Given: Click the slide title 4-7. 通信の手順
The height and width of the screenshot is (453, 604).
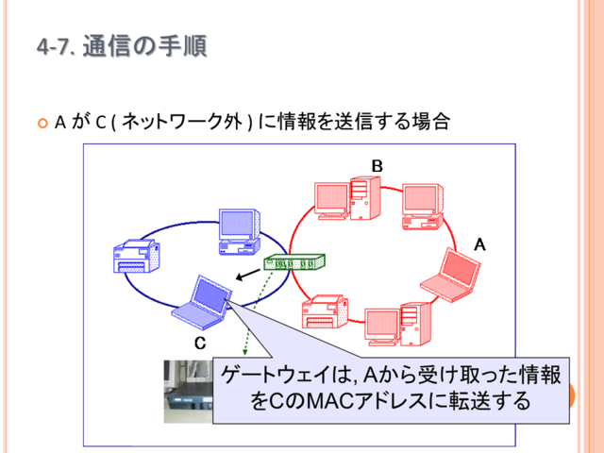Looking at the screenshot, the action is pos(122,46).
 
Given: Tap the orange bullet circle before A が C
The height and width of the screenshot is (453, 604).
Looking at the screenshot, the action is pos(42,124).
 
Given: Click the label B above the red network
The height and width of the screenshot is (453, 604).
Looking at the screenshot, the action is pos(377,166).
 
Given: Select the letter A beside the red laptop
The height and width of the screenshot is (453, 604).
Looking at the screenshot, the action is pos(479,244).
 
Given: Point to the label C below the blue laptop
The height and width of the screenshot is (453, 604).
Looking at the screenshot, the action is pos(200,343).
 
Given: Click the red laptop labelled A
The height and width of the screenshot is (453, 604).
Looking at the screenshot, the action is pos(450,275).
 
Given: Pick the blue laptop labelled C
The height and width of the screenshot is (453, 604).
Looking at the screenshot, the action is pos(202,302).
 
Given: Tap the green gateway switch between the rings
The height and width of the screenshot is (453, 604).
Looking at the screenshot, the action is pos(294,262).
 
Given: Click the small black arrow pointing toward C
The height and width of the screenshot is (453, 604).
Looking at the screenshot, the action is pos(248,275).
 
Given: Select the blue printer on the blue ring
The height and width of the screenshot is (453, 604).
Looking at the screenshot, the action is pos(136,256).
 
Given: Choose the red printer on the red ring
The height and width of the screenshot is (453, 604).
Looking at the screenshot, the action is pos(325,311).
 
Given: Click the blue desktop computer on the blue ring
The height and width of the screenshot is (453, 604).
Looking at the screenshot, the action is pos(239,231).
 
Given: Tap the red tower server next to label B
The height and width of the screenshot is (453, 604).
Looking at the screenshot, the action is pos(365,198).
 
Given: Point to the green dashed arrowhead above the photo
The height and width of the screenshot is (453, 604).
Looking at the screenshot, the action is pos(244,352).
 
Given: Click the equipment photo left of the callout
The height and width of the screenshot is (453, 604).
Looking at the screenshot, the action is pos(189,392).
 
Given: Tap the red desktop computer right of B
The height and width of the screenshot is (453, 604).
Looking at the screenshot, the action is pos(423,207).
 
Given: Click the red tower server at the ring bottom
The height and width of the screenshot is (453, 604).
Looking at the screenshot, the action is pos(415,324).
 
